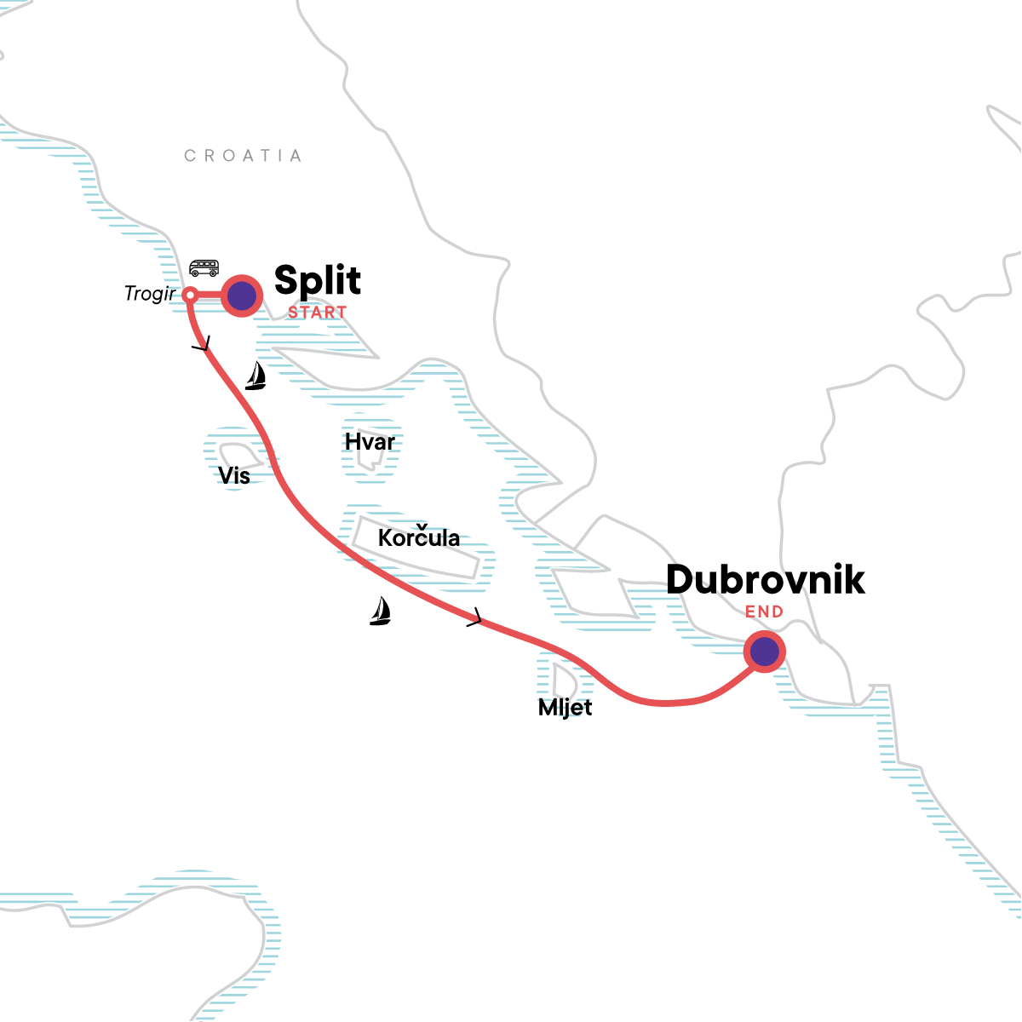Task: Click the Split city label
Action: click(318, 281)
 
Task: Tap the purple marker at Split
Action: click(242, 296)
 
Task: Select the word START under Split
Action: click(317, 313)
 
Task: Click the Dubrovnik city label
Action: click(765, 580)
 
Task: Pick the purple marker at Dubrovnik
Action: click(764, 652)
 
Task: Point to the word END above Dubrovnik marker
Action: click(764, 611)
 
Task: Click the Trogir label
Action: click(150, 294)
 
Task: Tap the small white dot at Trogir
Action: click(191, 295)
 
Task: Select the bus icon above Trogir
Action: click(204, 268)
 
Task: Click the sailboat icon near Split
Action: click(255, 376)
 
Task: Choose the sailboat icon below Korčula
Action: click(380, 611)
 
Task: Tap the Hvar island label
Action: click(370, 442)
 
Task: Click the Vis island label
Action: click(234, 475)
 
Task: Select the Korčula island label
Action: click(419, 538)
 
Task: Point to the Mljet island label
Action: click(565, 708)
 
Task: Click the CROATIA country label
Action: click(243, 156)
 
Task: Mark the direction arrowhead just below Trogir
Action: click(201, 346)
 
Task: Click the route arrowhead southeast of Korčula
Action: click(475, 618)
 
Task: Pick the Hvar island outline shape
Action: click(369, 460)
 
